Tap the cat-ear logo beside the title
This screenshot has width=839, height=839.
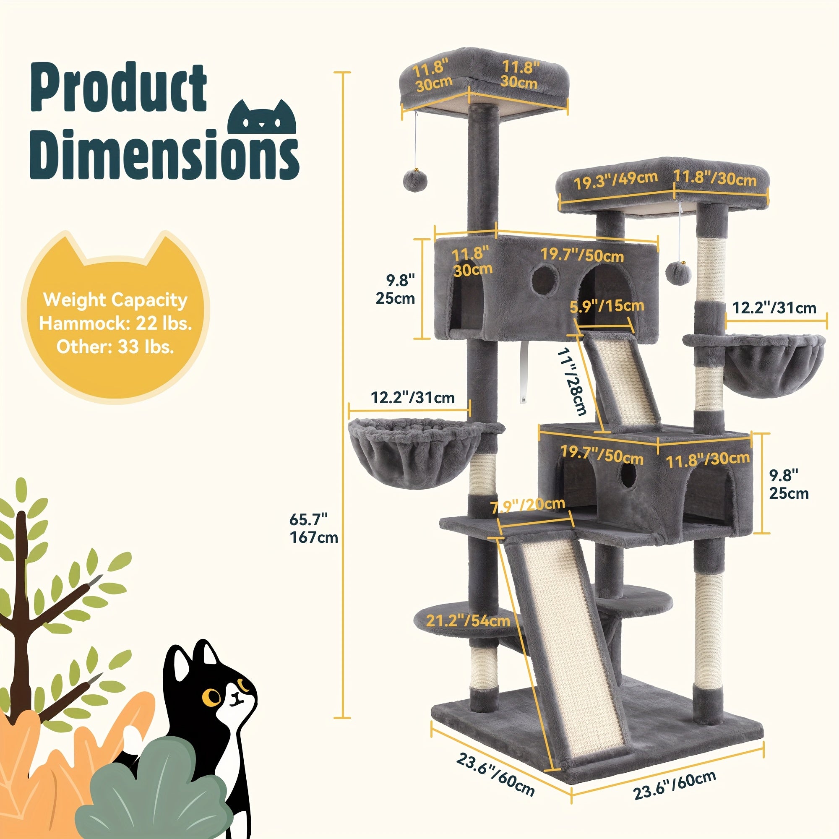click(x=262, y=118)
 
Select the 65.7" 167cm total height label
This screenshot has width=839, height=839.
click(x=313, y=528)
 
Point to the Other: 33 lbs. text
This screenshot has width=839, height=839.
click(x=115, y=347)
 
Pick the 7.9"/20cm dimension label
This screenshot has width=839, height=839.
click(x=528, y=505)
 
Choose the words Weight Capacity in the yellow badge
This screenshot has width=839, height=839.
click(x=115, y=300)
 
